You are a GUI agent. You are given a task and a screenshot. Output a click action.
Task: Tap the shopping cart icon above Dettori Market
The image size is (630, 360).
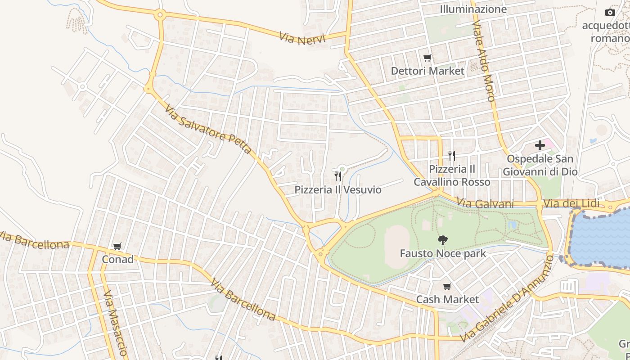pyautogui.click(x=427, y=58)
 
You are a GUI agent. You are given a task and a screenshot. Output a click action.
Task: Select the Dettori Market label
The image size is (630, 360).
pyautogui.click(x=427, y=71)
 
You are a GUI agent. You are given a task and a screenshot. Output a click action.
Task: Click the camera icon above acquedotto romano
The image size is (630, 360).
pyautogui.click(x=610, y=12)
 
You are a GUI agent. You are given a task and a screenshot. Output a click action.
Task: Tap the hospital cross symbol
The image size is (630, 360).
pyautogui.click(x=540, y=145)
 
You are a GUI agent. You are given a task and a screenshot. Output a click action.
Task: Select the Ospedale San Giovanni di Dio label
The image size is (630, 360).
pyautogui.click(x=540, y=165)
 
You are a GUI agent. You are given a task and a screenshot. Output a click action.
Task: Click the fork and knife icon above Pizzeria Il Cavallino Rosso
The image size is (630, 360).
pyautogui.click(x=452, y=156)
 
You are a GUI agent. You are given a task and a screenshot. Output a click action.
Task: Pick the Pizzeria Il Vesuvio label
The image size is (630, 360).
pyautogui.click(x=338, y=190)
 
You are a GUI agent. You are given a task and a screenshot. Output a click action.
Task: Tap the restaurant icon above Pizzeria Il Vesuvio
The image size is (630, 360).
pyautogui.click(x=337, y=176)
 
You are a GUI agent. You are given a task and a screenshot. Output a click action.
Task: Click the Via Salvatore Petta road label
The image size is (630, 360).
pyautogui.click(x=208, y=129)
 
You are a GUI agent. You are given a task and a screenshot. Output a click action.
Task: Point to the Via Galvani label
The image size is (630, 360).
pyautogui.click(x=485, y=203)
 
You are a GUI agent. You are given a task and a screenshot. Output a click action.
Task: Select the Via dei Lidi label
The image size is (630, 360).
pyautogui.click(x=571, y=204)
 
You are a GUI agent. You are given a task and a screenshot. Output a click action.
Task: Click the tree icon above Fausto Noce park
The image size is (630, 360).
pyautogui.click(x=443, y=240)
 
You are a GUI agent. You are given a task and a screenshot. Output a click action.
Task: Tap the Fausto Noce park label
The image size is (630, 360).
pyautogui.click(x=443, y=254)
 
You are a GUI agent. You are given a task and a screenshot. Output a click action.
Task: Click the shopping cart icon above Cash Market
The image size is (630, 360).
pyautogui.click(x=447, y=287)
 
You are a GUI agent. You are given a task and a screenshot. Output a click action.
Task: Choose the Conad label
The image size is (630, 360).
pyautogui.click(x=117, y=260)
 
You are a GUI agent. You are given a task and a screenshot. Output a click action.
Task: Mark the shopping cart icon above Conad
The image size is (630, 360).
pyautogui.click(x=117, y=246)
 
